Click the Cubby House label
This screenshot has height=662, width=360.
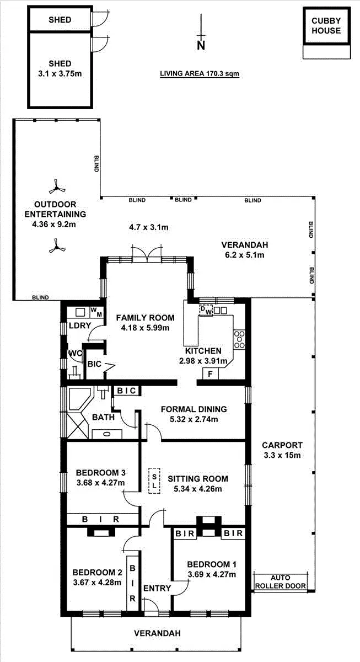326,26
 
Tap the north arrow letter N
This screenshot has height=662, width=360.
201,45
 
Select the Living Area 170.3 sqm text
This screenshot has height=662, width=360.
200,73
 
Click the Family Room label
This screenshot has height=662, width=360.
145,318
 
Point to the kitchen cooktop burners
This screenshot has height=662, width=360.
239,339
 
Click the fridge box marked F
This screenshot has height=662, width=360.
210,374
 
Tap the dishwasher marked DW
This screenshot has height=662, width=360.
206,310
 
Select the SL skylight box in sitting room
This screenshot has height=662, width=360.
154,481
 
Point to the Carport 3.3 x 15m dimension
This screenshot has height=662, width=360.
282,455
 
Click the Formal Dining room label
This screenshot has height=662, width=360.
194,409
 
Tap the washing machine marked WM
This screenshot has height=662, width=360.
96,312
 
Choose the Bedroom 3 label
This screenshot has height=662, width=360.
101,473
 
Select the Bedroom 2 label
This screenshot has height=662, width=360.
97,573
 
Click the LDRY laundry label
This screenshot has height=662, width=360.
80,325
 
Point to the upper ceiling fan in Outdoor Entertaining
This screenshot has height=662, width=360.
57,187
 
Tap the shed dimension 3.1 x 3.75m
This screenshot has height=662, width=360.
60,73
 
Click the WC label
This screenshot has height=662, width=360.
75,354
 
